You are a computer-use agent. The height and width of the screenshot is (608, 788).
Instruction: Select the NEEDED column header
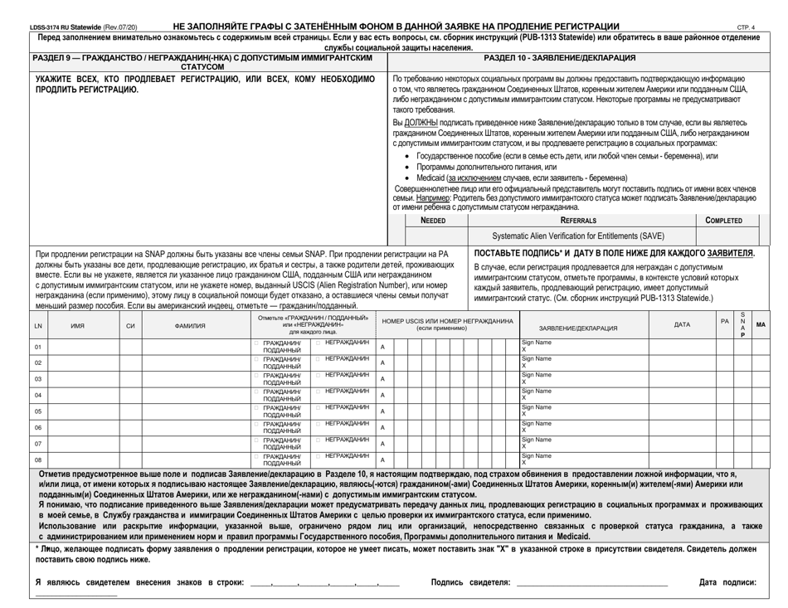click(432, 221)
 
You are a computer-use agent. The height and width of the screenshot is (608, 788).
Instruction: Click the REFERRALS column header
click(577, 221)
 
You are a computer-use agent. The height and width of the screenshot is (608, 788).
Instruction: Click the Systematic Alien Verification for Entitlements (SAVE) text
click(577, 236)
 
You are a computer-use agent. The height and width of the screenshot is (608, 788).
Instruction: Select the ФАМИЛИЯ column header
click(191, 325)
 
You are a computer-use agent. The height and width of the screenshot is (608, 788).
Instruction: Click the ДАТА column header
click(682, 325)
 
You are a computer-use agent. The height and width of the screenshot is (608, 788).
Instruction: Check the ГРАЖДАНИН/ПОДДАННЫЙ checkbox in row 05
click(256, 407)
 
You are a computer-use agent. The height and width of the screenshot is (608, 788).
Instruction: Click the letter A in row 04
click(382, 395)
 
